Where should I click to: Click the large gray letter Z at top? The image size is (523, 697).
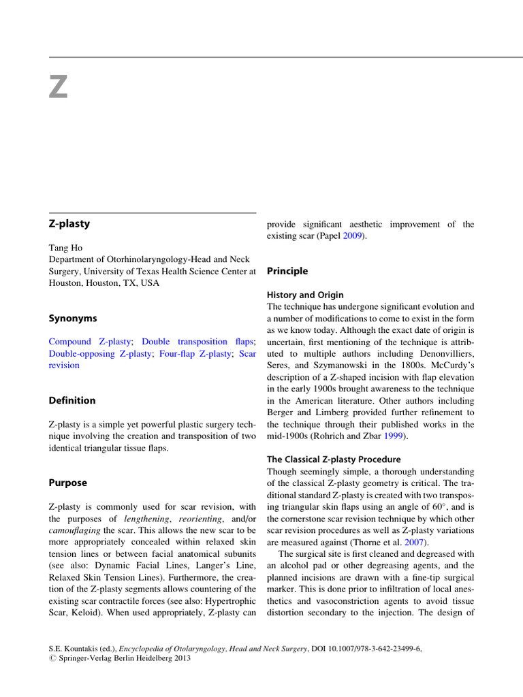(59, 86)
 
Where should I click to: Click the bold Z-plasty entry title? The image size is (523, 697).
(69, 223)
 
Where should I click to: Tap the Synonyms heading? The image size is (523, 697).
(73, 319)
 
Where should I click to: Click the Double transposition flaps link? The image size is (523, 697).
(197, 342)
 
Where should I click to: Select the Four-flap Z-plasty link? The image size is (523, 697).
(196, 353)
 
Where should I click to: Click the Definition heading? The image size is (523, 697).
(72, 400)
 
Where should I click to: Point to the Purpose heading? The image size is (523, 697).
(68, 483)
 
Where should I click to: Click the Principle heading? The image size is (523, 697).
(287, 271)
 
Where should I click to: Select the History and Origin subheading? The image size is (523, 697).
(305, 295)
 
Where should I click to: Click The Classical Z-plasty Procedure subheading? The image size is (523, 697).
(334, 459)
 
